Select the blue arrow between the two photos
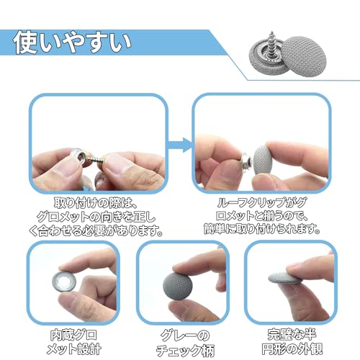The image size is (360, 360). pyautogui.click(x=180, y=145)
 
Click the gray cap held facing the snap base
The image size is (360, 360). pyautogui.click(x=262, y=159)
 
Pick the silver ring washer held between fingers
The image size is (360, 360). pyautogui.click(x=64, y=283)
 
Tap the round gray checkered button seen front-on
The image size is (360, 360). pyautogui.click(x=178, y=286)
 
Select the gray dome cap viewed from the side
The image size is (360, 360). pyautogui.click(x=283, y=279)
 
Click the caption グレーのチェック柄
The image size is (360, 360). pyautogui.click(x=185, y=343)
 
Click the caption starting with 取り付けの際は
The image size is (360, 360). pyautogui.click(x=96, y=217)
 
